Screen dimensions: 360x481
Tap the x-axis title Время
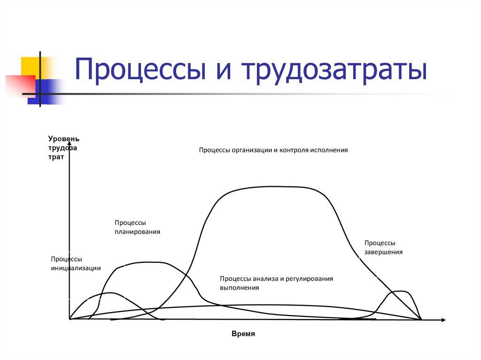coord(243,334)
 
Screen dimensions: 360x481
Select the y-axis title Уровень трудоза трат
coord(63,148)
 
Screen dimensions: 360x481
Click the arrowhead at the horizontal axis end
coord(443,320)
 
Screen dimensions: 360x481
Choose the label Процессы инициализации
coord(76,264)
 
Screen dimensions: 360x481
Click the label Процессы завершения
coord(383,247)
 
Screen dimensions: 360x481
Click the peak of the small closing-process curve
coord(400,291)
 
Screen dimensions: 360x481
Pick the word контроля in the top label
coord(295,150)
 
